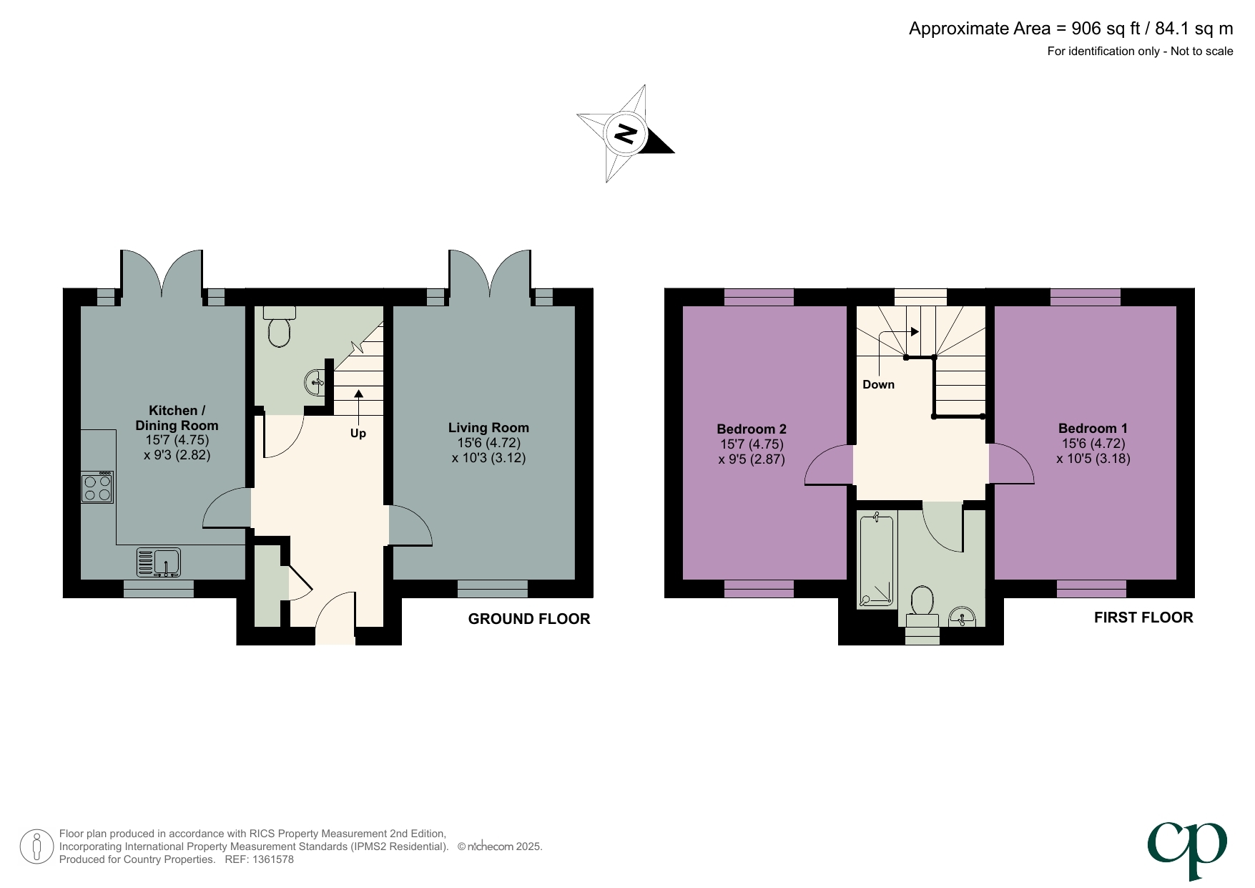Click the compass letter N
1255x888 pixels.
click(626, 134)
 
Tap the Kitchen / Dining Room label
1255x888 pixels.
click(177, 418)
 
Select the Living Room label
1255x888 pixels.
click(488, 428)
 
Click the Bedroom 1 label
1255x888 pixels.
click(1093, 429)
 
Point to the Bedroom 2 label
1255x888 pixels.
click(751, 429)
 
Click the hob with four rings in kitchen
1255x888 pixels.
click(97, 487)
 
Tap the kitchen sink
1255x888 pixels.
click(159, 562)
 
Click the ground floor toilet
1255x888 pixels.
click(279, 327)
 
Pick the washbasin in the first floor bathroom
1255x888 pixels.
click(962, 616)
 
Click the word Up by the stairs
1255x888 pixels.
click(358, 434)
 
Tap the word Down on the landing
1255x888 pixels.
click(878, 385)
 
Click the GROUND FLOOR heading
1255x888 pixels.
click(528, 620)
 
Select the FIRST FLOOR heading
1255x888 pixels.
click(1143, 618)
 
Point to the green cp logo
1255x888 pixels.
click(1187, 849)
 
